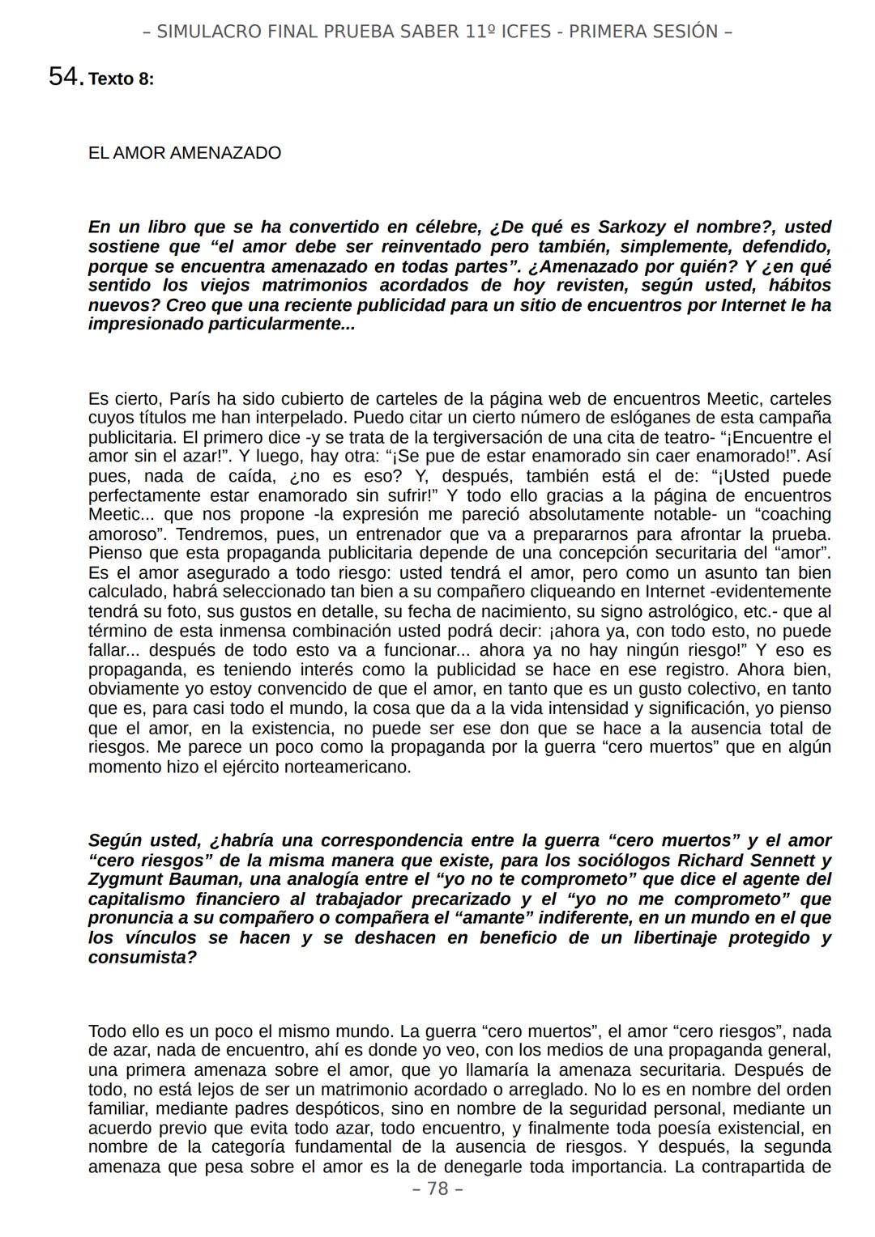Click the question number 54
pos(65,77)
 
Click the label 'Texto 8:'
pos(121,79)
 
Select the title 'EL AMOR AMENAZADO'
pos(184,153)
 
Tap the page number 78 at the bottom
pos(437,1188)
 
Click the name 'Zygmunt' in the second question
pos(122,879)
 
